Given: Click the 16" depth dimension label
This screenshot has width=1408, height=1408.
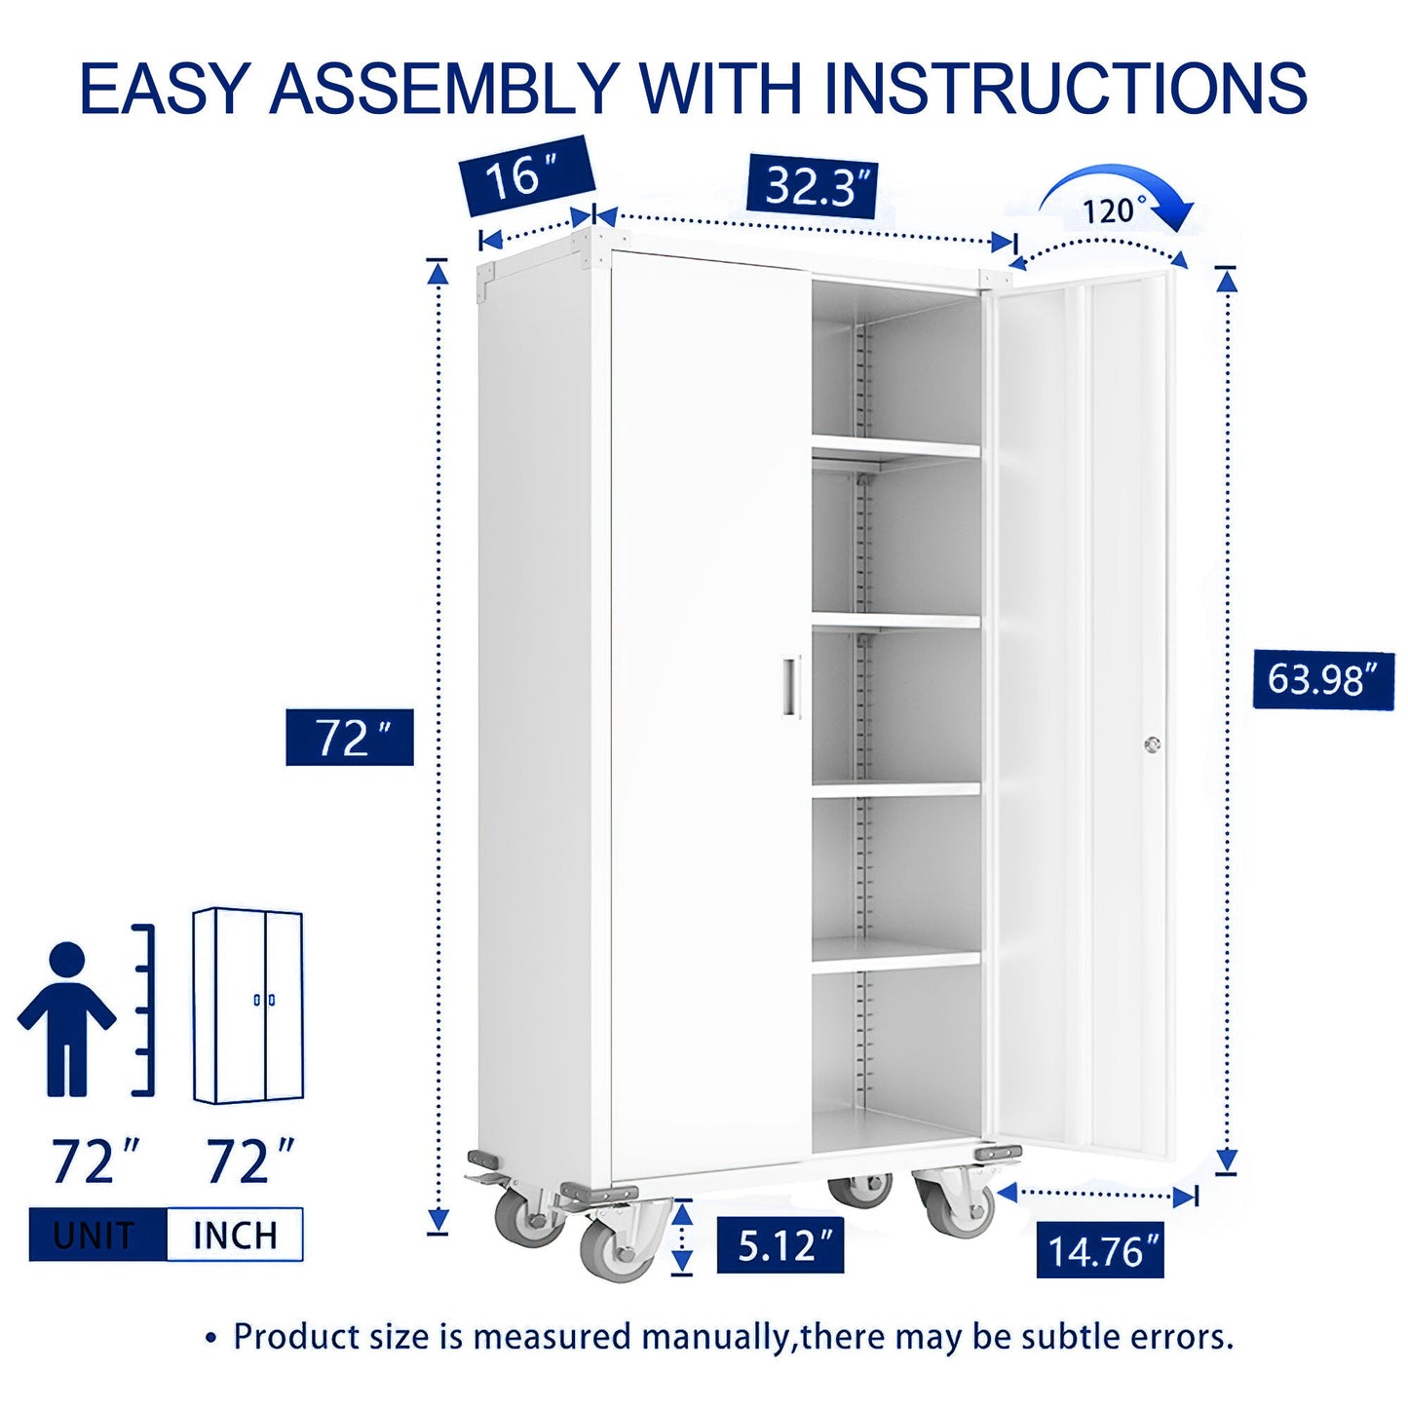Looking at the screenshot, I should coord(526,176).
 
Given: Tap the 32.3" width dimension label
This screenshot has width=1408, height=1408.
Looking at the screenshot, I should coord(812,187).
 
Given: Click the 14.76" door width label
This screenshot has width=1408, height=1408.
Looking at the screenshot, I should coord(1100,1250).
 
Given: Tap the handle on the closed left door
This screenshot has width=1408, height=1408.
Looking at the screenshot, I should coord(789,687).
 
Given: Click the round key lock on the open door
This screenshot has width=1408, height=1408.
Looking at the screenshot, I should coord(1152,744).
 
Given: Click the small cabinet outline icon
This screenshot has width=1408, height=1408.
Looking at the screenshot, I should coord(247,1006).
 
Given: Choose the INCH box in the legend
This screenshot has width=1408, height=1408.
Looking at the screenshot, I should coord(235,1235).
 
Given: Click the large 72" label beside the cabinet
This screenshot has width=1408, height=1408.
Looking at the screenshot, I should coord(350,738).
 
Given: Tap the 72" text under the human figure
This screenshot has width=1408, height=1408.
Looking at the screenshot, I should coord(95,1161).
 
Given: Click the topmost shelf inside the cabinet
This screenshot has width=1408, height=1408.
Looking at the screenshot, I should coord(895,448).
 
